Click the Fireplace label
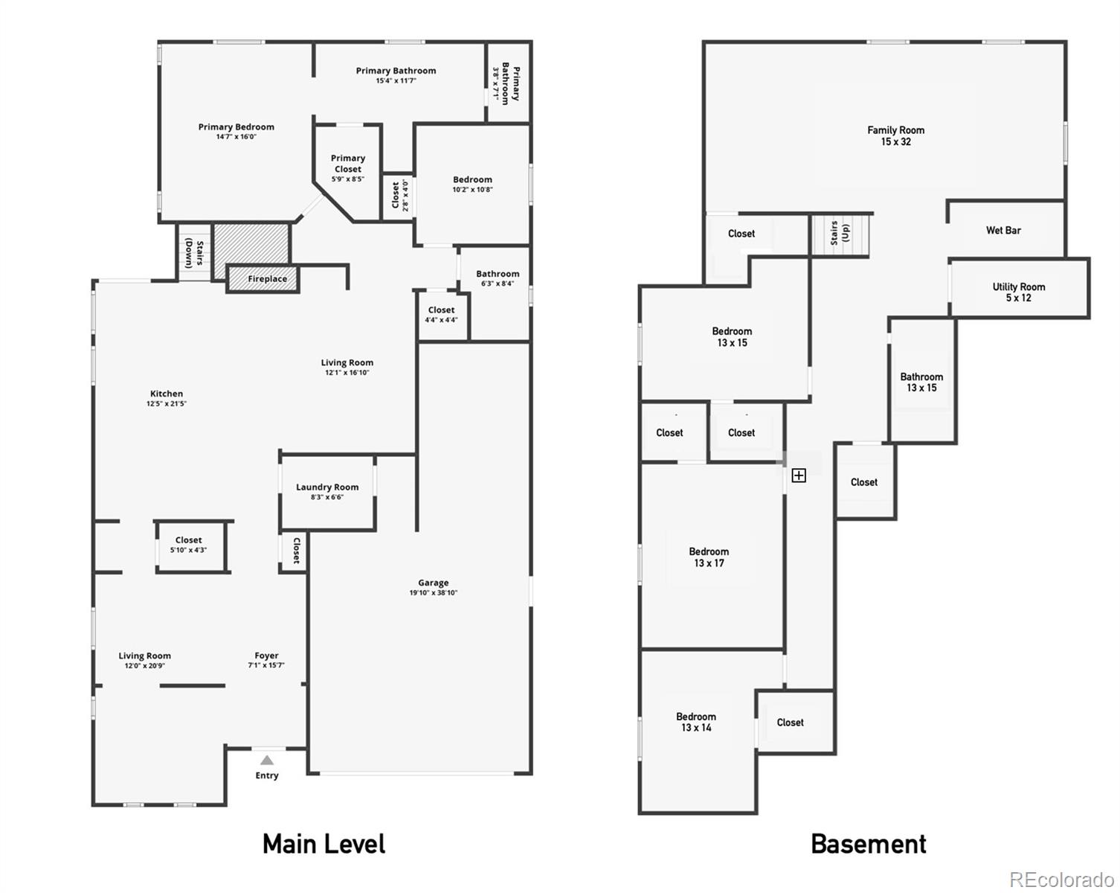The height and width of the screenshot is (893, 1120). coord(268,278)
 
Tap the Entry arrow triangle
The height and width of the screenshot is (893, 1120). coord(267,761)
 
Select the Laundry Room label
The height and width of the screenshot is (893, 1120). coord(327,487)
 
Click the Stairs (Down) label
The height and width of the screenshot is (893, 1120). coord(195,252)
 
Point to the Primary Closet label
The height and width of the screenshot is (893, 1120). coord(348,164)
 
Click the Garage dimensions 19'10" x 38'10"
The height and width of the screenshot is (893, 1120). coord(434,592)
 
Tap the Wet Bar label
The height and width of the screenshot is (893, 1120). coord(1003,230)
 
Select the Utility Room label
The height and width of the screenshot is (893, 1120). coord(1019,292)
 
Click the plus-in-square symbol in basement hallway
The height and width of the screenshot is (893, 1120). coord(799,476)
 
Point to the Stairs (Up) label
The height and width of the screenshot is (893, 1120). coord(840,233)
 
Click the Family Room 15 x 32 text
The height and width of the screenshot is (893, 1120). coord(895,136)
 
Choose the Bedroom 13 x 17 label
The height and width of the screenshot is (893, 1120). coord(709,557)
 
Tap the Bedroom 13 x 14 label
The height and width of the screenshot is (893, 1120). coord(696,722)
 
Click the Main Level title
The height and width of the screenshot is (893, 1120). coord(324,844)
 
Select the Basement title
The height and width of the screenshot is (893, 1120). coord(869,844)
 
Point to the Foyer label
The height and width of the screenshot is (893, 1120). coord(266,656)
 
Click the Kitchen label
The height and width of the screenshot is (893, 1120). coord(167,394)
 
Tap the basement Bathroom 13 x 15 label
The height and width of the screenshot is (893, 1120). coord(921,383)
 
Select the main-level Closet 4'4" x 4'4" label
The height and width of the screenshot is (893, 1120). coord(441,315)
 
